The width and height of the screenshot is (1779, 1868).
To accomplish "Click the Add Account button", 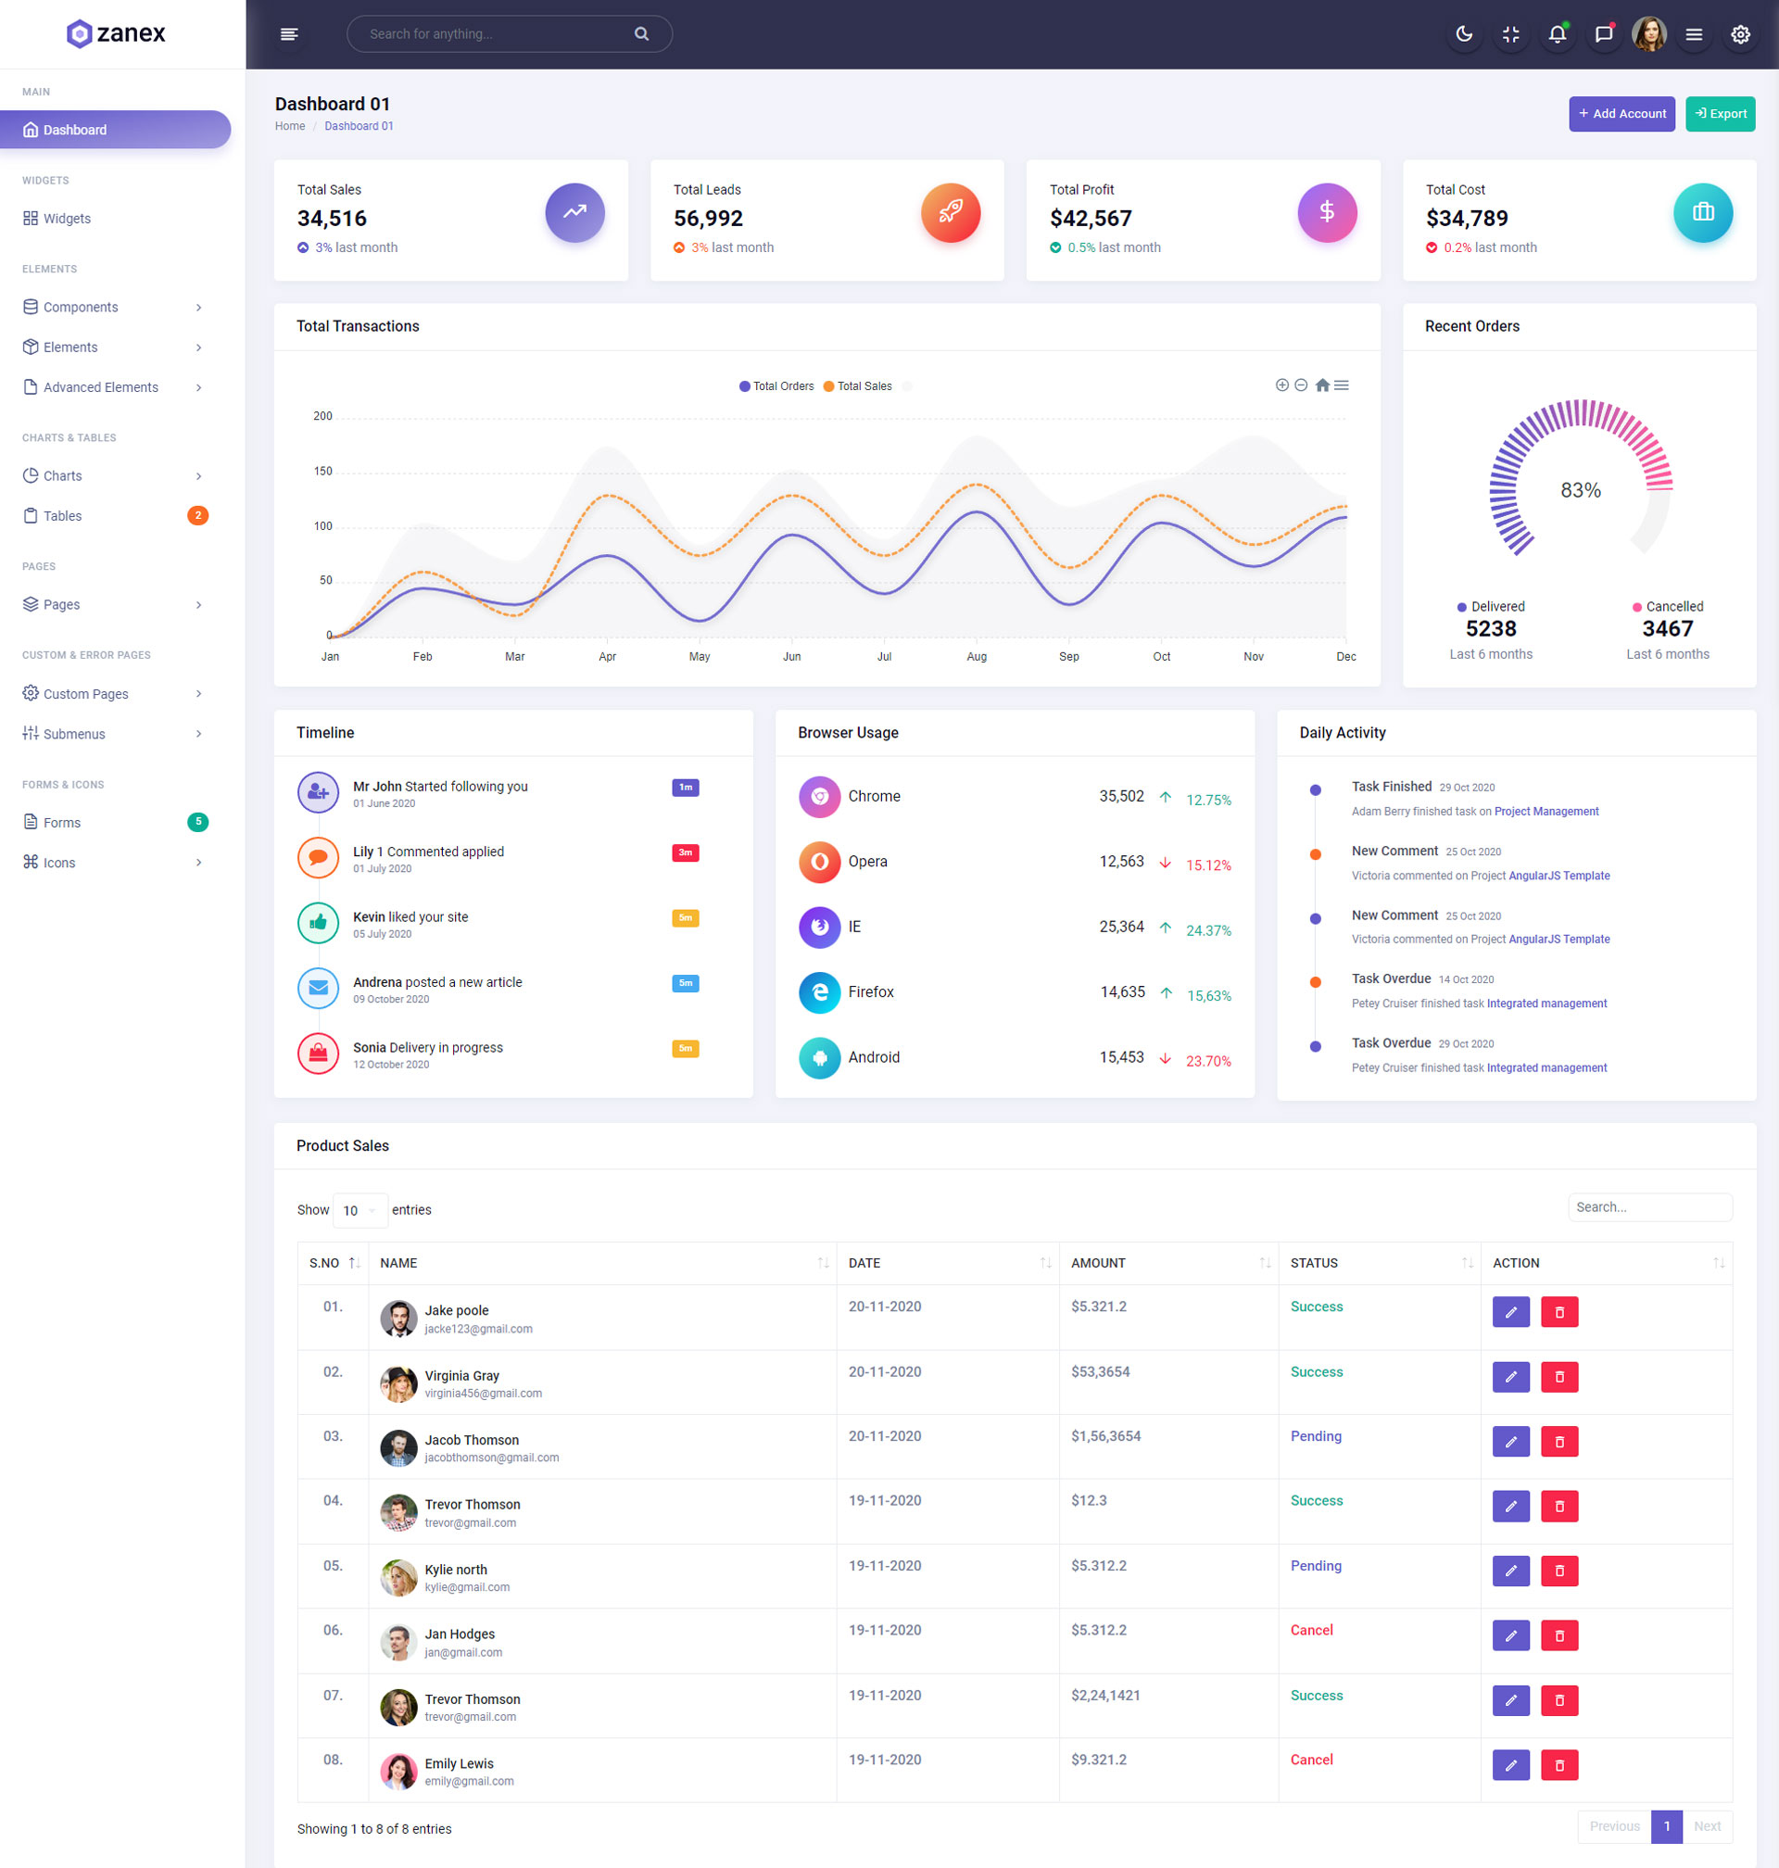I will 1621,114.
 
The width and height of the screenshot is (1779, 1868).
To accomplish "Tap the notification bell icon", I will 1556,34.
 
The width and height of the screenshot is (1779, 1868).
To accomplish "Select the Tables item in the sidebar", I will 63,516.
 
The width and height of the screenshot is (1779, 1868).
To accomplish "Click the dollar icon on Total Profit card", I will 1326,212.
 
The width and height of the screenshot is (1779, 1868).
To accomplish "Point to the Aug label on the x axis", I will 976,656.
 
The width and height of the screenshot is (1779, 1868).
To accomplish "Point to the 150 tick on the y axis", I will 322,472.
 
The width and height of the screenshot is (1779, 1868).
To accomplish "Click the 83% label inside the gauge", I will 1580,490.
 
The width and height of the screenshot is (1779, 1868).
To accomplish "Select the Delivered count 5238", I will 1490,628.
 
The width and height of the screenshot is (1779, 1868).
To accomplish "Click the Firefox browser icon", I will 819,991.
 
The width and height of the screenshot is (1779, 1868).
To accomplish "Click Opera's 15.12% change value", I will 1208,865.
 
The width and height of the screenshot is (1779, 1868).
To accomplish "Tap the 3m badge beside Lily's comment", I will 685,852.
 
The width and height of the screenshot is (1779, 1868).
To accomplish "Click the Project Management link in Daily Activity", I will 1546,812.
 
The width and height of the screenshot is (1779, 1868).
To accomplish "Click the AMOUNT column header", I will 1098,1263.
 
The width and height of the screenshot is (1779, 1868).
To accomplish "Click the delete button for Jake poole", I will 1559,1312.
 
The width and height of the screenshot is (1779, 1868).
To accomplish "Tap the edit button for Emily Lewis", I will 1510,1764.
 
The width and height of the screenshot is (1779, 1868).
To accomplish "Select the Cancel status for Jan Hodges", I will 1311,1630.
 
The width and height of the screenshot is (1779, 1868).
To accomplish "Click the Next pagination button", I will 1706,1826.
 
